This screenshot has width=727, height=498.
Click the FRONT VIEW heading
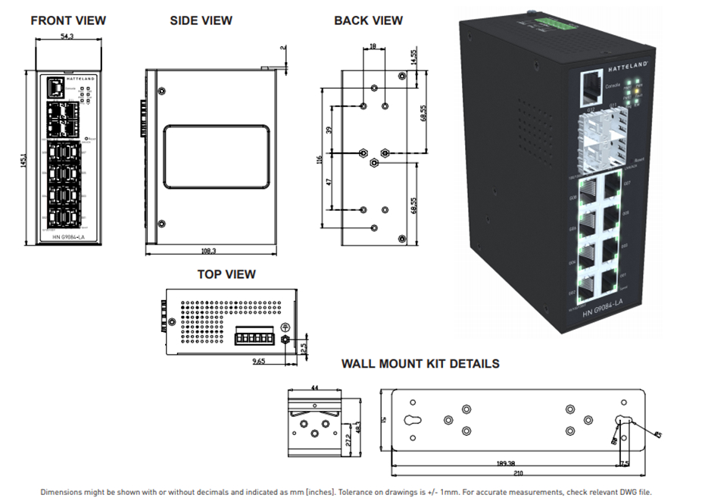point(68,20)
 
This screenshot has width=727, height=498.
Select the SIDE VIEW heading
point(201,20)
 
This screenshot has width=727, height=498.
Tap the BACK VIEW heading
point(368,20)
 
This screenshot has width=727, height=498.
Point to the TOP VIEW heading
point(226,274)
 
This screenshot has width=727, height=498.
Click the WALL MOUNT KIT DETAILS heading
point(420,364)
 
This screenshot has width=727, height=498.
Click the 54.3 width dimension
point(69,36)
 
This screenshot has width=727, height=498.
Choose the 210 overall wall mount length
point(517,475)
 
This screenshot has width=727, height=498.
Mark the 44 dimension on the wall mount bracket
point(314,387)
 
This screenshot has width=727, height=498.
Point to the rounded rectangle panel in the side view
point(217,157)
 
